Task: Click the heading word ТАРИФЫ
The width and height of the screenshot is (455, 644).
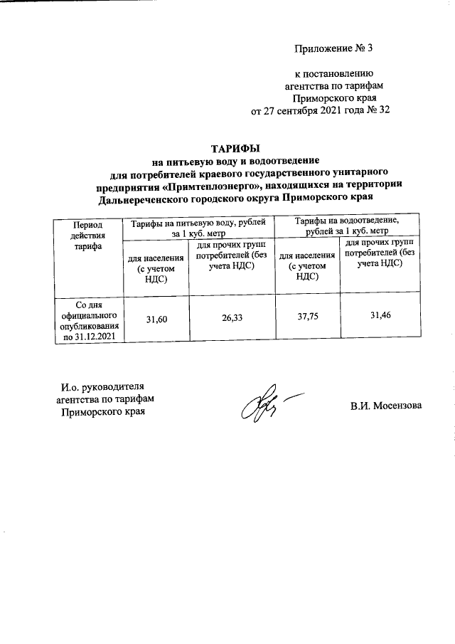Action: pos(235,148)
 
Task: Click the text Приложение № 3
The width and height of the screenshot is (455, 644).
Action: pos(333,48)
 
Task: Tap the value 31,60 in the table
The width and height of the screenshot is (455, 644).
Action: pos(156,321)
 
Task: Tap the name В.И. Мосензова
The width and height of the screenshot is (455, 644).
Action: pos(385,406)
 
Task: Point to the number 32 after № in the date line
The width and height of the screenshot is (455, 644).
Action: pos(384,110)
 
